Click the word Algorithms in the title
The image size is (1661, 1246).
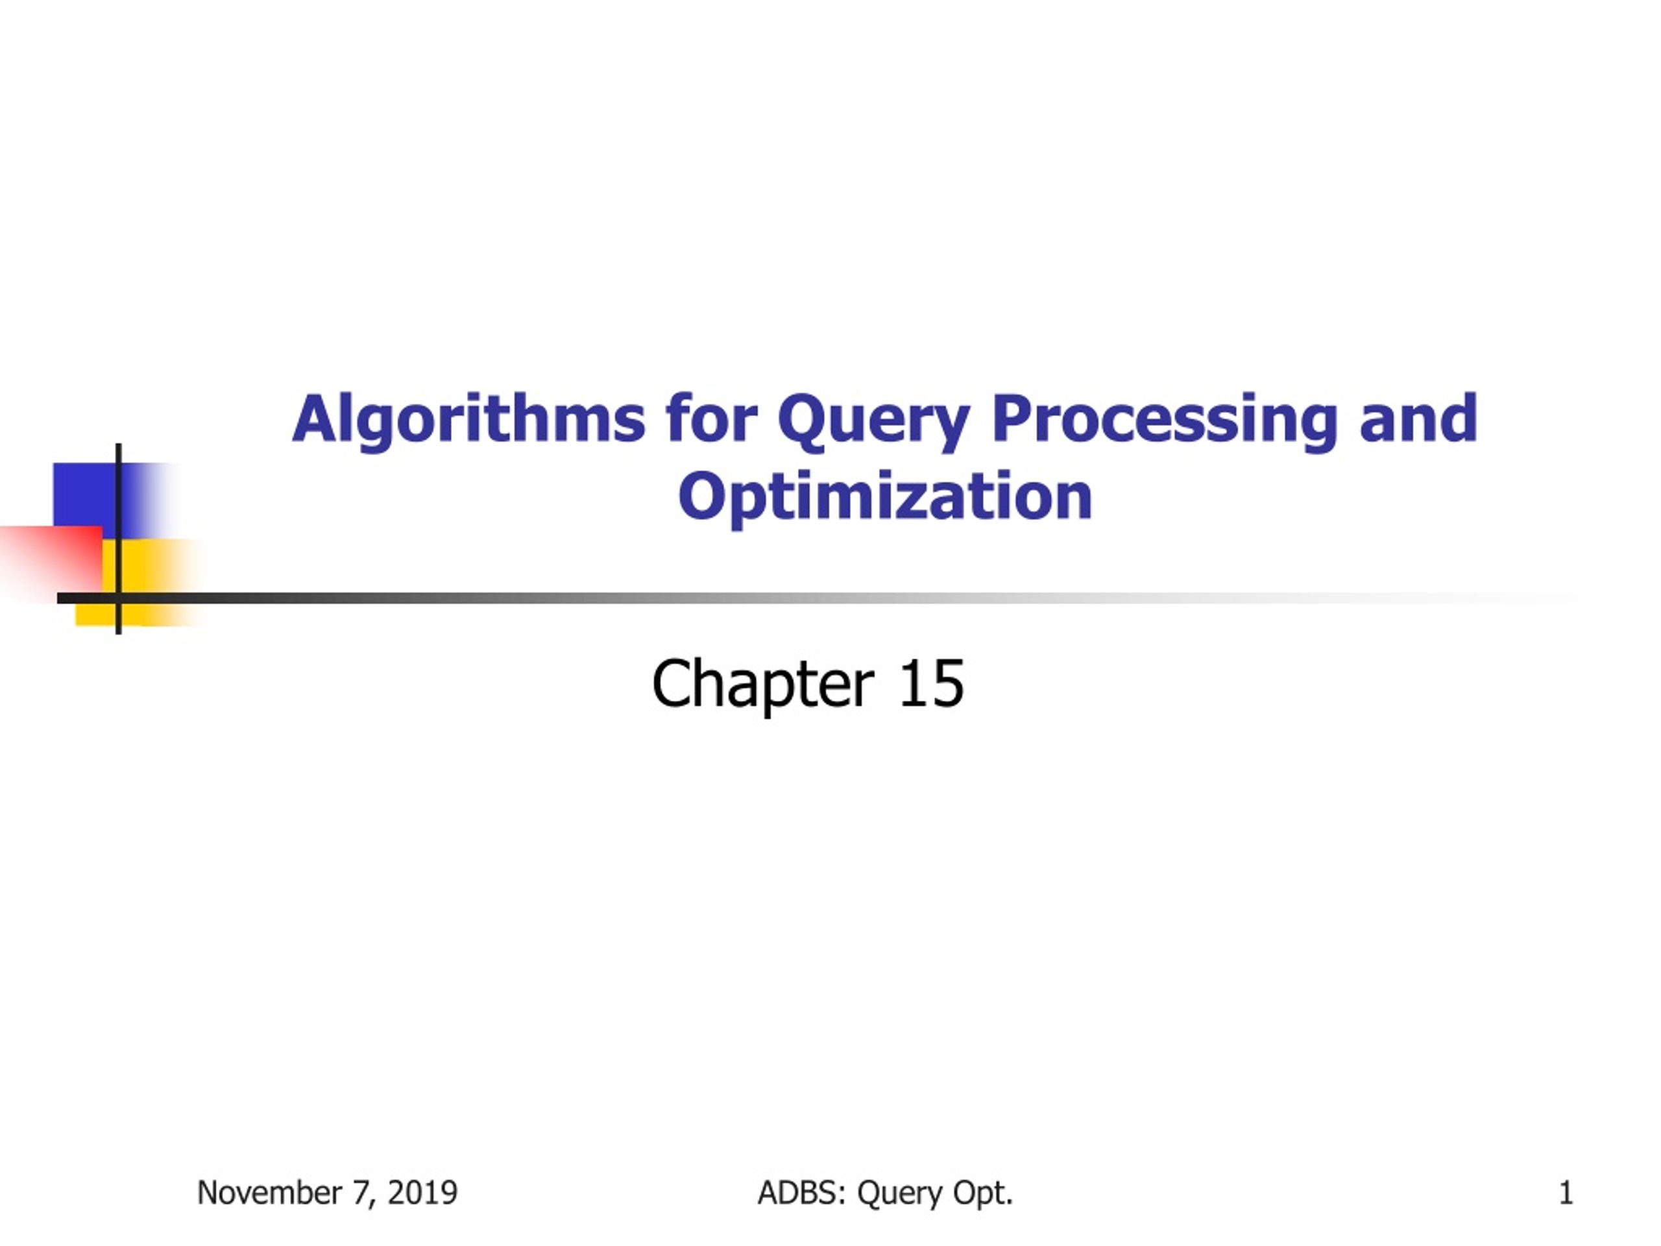[x=468, y=421]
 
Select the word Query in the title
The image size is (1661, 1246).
[x=874, y=422]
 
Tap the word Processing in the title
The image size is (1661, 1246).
[x=1165, y=422]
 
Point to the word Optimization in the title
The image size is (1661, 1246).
[x=884, y=497]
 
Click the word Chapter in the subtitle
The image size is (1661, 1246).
[x=763, y=684]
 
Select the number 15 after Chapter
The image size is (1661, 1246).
[x=931, y=683]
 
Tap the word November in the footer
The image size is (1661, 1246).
[x=269, y=1193]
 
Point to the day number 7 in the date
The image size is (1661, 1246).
[x=363, y=1193]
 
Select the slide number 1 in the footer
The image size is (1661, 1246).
[x=1566, y=1193]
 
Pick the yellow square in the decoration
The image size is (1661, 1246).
[x=150, y=582]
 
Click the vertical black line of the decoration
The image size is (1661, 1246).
[x=119, y=539]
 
